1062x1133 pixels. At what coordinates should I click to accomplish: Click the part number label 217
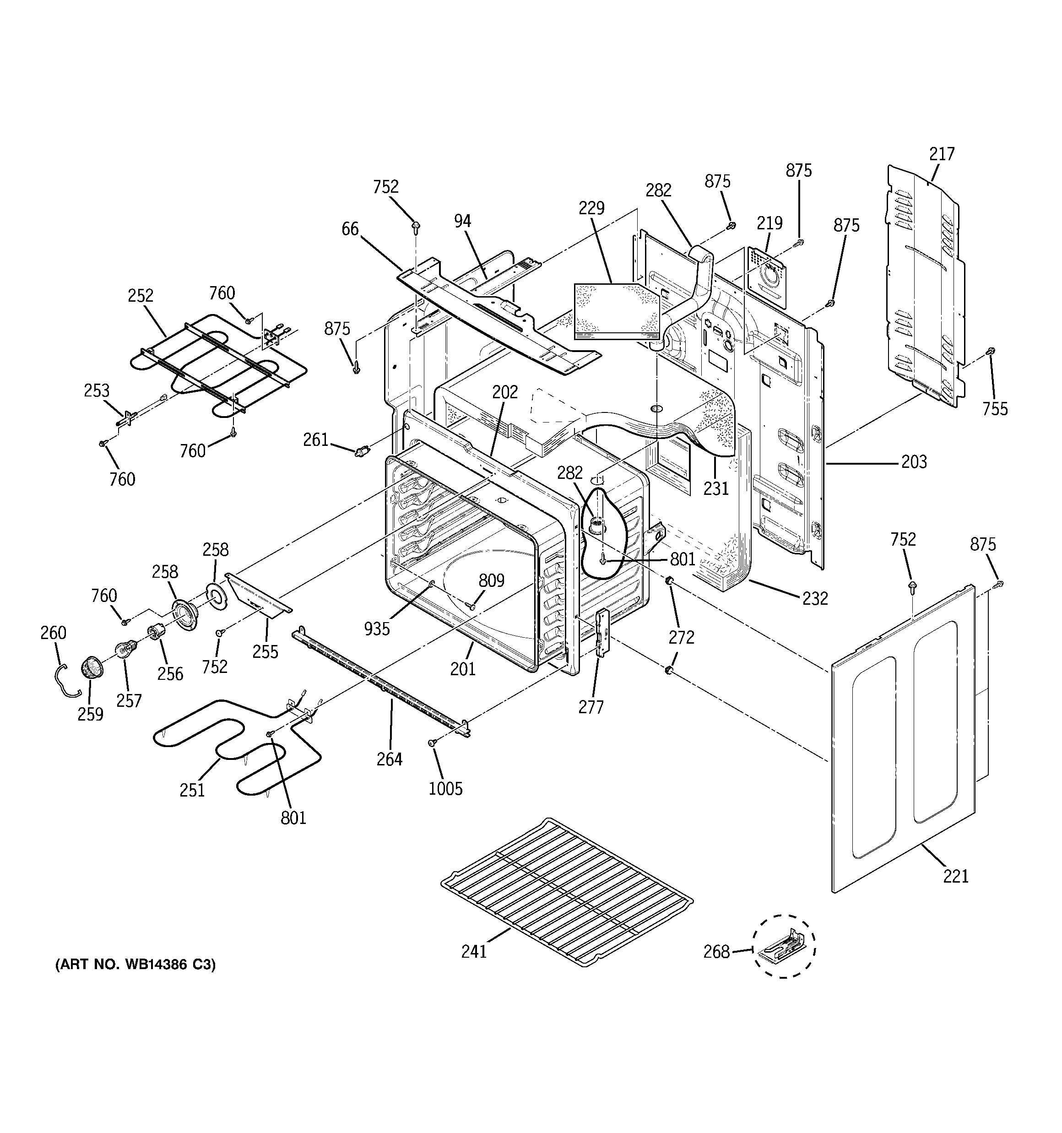pyautogui.click(x=941, y=154)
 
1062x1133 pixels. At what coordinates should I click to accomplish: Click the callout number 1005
pyautogui.click(x=445, y=789)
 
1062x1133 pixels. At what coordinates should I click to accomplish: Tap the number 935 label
pyautogui.click(x=377, y=629)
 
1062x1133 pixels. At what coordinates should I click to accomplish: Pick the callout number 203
pyautogui.click(x=914, y=461)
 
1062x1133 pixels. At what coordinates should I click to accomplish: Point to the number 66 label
pyautogui.click(x=350, y=229)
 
